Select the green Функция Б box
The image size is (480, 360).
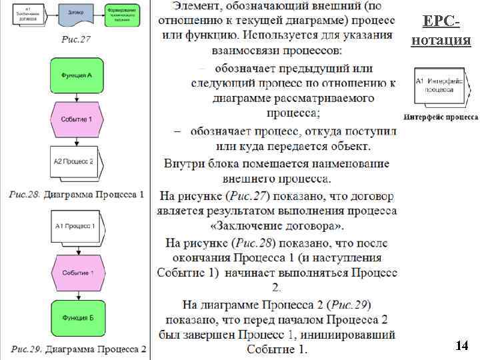click(x=78, y=318)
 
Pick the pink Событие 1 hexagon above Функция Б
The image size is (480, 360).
click(x=78, y=273)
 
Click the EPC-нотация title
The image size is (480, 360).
click(x=441, y=31)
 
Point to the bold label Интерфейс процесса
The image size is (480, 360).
click(x=441, y=117)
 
